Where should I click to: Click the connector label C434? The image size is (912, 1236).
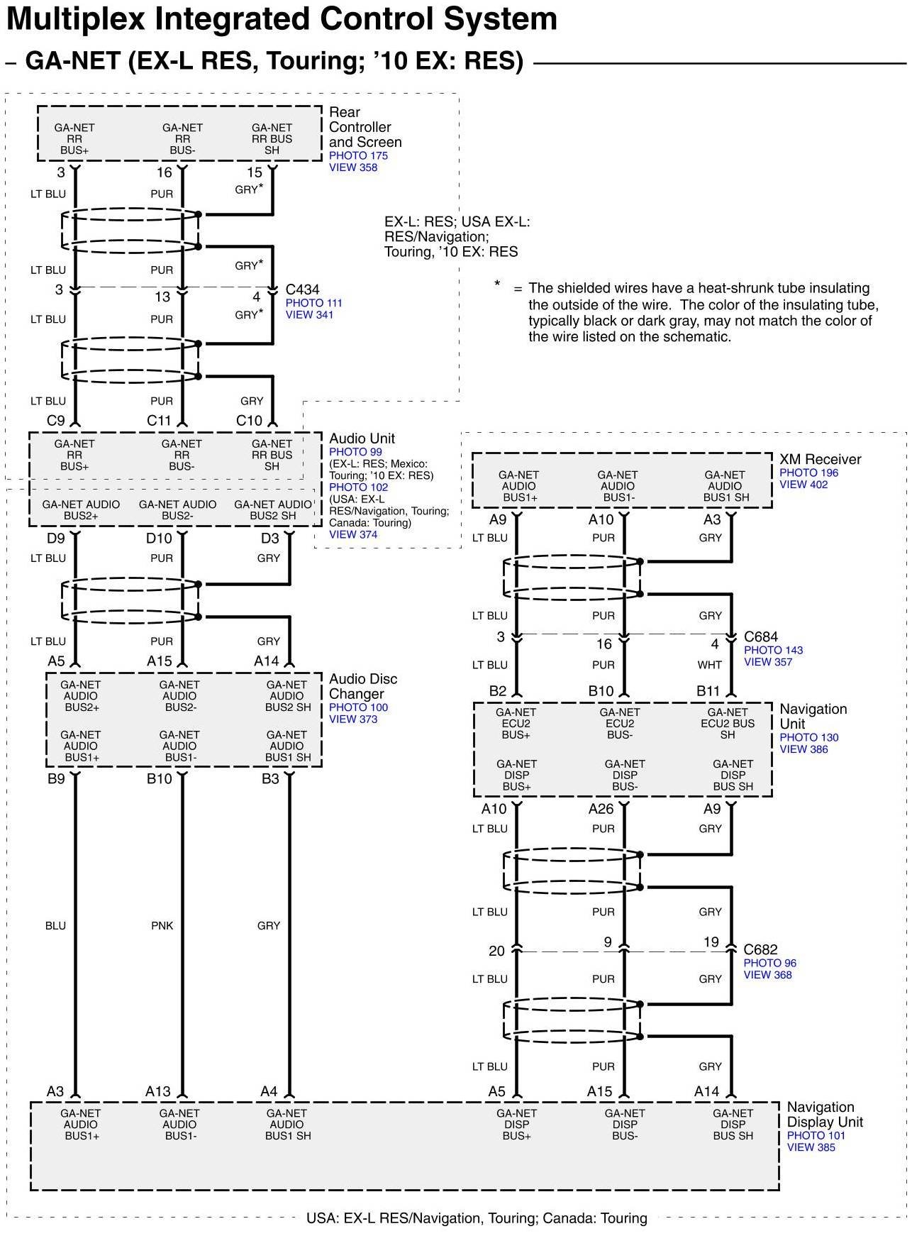tap(302, 289)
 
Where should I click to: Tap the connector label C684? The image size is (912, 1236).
tap(760, 637)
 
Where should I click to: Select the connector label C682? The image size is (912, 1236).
tap(760, 949)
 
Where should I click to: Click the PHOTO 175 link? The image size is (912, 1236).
tap(358, 155)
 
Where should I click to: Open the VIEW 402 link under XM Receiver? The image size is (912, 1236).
tap(803, 485)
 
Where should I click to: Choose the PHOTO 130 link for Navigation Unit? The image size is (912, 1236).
tap(808, 737)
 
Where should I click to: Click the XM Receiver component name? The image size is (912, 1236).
tap(820, 459)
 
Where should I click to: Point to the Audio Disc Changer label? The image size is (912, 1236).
tap(363, 686)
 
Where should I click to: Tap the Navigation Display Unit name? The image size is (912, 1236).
tap(825, 1114)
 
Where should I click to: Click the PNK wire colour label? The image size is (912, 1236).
tap(162, 925)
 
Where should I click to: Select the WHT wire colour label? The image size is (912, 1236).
tap(709, 665)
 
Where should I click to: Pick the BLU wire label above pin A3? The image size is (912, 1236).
tap(55, 925)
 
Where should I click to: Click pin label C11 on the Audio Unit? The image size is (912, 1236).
tap(159, 421)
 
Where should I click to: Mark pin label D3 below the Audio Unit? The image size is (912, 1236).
tap(269, 539)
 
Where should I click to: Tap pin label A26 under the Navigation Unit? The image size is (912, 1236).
tap(601, 809)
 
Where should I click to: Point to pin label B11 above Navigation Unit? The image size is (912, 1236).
tap(708, 691)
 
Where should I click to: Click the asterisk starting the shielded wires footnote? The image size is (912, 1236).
tap(497, 285)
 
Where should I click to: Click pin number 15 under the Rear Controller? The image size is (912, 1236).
tap(254, 172)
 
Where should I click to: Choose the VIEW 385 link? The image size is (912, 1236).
tap(811, 1147)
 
